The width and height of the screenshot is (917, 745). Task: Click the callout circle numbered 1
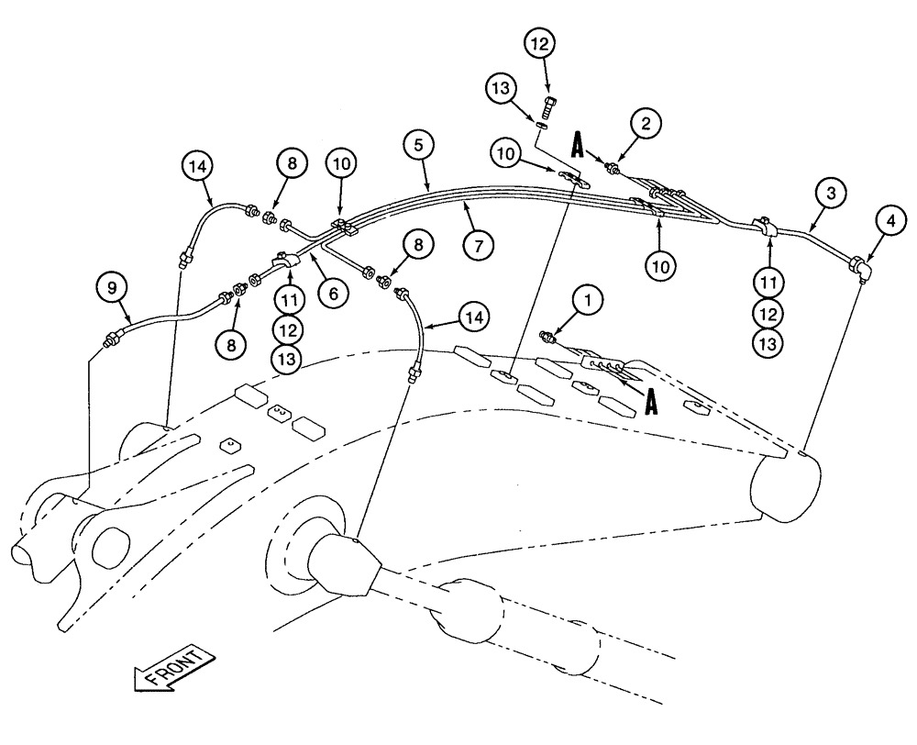588,298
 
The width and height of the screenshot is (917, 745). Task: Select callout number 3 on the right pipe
831,194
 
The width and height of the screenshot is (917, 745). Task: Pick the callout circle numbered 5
418,146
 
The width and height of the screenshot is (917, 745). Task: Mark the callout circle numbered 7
479,245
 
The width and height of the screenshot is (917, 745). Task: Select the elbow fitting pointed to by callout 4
860,267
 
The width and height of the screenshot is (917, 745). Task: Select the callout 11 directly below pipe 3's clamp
768,281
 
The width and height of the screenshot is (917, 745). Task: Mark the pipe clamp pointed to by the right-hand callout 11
765,226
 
